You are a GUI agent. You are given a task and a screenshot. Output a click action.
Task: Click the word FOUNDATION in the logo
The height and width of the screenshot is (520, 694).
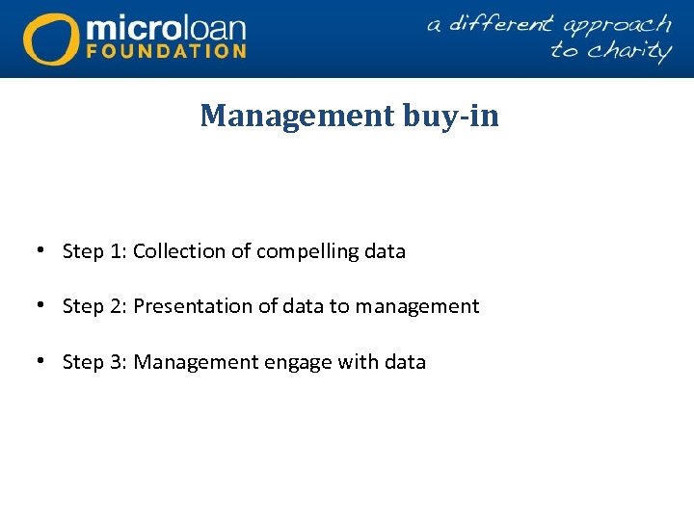point(167,50)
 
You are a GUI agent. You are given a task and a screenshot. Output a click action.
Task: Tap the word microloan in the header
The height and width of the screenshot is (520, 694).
point(166,25)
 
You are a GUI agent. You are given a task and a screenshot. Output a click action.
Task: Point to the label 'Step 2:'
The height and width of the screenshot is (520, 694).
point(94,306)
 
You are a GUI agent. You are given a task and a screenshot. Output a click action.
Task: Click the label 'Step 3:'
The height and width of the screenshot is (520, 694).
point(94,362)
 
